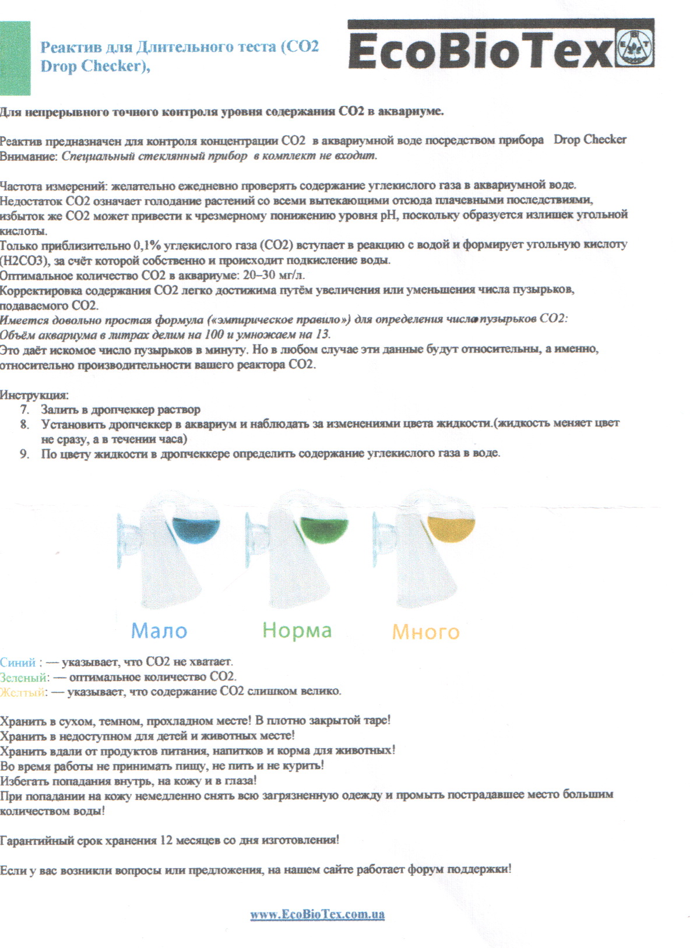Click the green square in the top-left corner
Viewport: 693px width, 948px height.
[15, 58]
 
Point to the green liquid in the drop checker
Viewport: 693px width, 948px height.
[325, 528]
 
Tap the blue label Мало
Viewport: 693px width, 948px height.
[159, 630]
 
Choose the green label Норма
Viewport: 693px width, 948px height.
[297, 630]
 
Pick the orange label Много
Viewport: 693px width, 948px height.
[425, 632]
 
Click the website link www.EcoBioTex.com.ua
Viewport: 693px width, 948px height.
[317, 914]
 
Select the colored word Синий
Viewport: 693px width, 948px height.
[18, 662]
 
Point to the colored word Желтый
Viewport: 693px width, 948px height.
[23, 692]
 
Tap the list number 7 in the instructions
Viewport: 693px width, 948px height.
[24, 410]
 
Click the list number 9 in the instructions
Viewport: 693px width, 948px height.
[24, 453]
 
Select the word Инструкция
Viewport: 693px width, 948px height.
[34, 395]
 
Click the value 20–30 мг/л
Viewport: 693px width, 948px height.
[273, 275]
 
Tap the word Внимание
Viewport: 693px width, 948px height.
[29, 156]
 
